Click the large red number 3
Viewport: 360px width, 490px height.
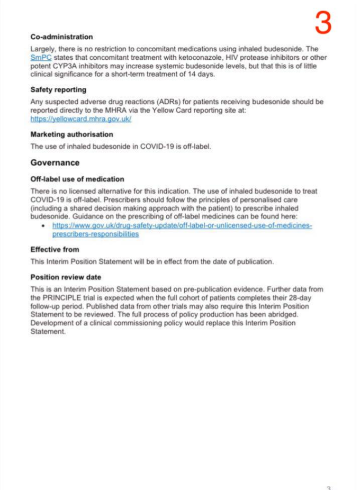point(323,23)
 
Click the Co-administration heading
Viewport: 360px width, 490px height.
point(61,37)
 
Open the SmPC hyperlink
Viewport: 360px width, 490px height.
point(40,57)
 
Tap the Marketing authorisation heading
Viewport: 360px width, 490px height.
point(71,134)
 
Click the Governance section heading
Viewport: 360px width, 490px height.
point(55,162)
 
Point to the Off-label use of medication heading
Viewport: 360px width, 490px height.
point(77,179)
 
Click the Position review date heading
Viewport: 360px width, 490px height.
point(66,277)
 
